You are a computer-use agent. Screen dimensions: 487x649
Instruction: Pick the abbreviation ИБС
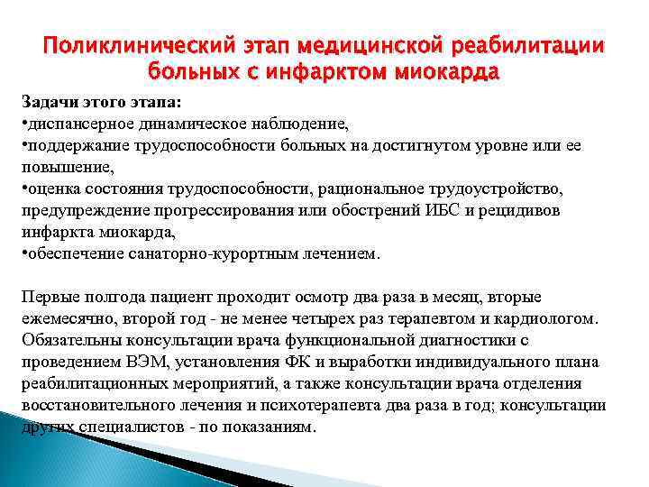[414, 210]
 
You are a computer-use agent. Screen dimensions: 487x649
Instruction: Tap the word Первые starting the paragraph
[49, 297]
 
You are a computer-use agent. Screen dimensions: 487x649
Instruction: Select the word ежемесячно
[61, 318]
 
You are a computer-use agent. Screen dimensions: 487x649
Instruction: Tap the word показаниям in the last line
[269, 427]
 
